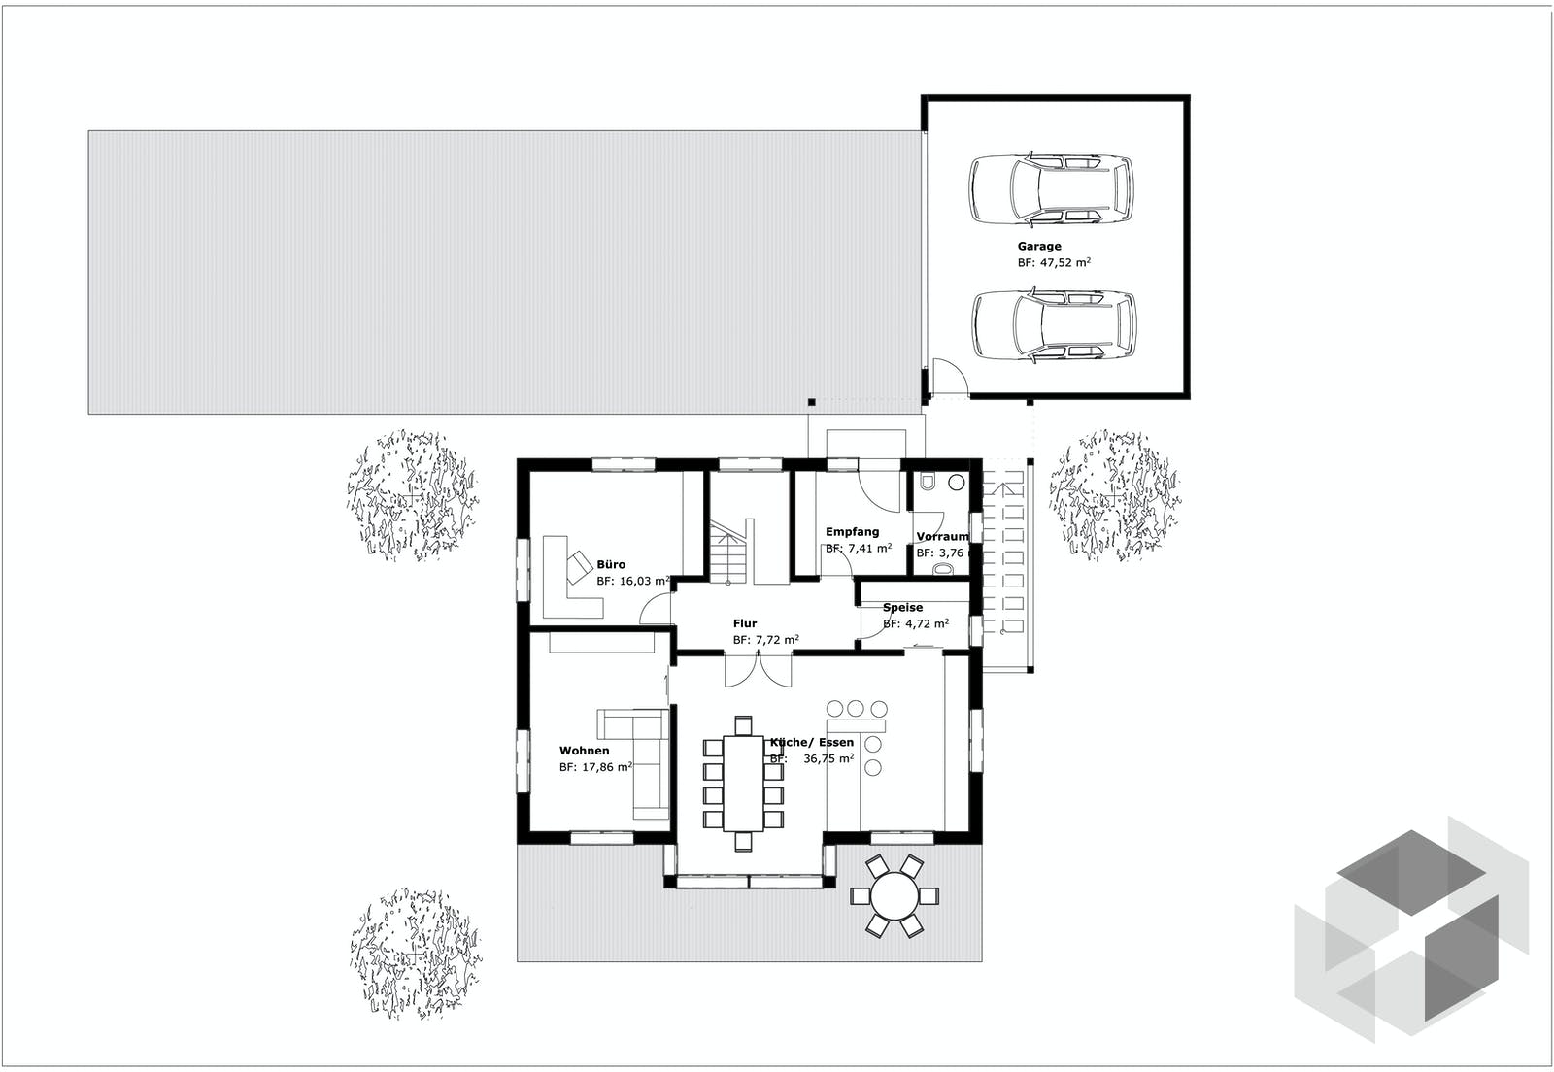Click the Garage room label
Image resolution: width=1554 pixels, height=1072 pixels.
1039,247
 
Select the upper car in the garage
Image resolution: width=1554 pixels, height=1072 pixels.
1050,187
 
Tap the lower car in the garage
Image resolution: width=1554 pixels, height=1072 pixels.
1054,324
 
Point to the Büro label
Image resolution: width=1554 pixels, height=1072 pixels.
611,564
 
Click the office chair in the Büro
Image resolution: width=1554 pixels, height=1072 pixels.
580,563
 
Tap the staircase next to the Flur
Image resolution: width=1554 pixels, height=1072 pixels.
729,553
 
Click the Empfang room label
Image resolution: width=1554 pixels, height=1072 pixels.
852,532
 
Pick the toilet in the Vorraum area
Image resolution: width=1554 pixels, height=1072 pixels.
929,482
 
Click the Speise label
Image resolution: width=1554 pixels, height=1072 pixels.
902,608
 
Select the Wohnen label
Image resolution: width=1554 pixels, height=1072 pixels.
584,751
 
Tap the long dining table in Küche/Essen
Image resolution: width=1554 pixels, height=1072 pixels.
743,783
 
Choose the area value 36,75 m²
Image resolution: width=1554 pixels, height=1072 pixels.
828,759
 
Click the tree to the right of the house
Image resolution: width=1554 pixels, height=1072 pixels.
1114,495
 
